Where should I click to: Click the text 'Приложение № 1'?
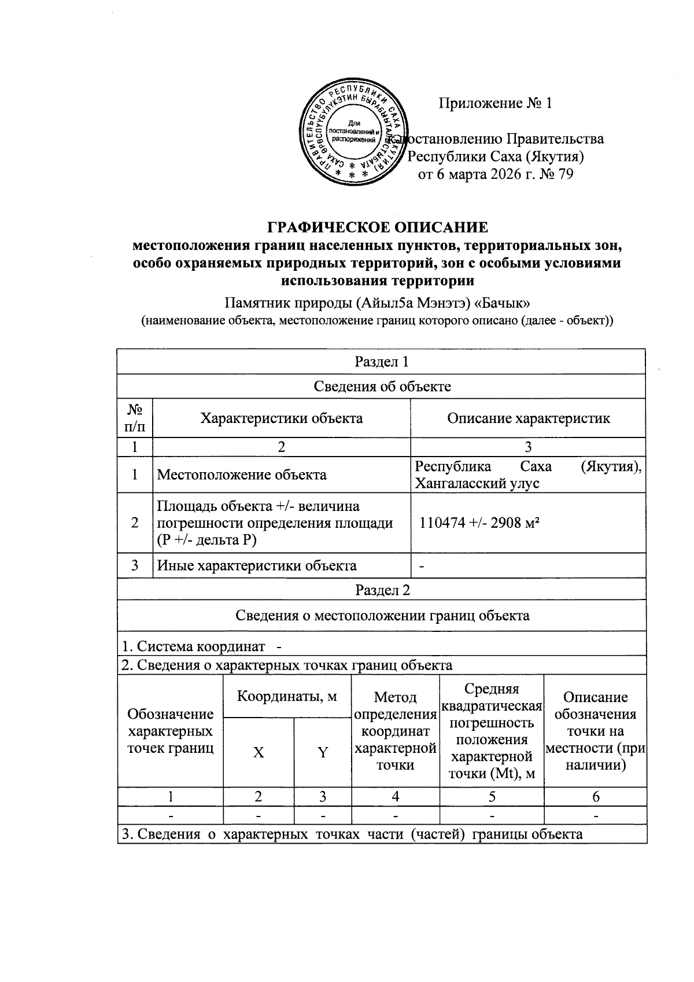pyautogui.click(x=496, y=104)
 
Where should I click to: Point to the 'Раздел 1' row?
pyautogui.click(x=381, y=362)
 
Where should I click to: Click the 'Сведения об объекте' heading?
pyautogui.click(x=381, y=386)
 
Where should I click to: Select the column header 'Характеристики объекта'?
pyautogui.click(x=281, y=418)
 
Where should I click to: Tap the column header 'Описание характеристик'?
pyautogui.click(x=528, y=418)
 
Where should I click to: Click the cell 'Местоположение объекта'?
pyautogui.click(x=242, y=475)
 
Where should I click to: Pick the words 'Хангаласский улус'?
pyautogui.click(x=477, y=483)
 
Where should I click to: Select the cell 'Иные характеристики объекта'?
pyautogui.click(x=257, y=565)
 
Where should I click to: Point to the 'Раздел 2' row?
pyautogui.click(x=381, y=590)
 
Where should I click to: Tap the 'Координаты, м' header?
pyautogui.click(x=287, y=696)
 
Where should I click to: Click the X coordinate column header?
pyautogui.click(x=259, y=752)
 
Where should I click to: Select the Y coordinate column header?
pyautogui.click(x=323, y=752)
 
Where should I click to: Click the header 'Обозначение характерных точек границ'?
pyautogui.click(x=170, y=731)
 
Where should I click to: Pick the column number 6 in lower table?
pyautogui.click(x=595, y=797)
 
